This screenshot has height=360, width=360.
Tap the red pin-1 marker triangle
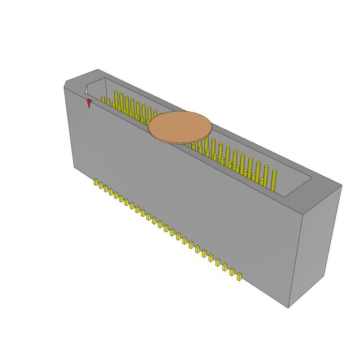tap(89, 103)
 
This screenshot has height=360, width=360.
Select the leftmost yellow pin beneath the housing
tap(97, 183)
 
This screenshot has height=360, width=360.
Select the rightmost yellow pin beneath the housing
tap(239, 276)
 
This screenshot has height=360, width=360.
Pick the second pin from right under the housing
tap(231, 271)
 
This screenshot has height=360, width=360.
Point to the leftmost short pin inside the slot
tap(103, 101)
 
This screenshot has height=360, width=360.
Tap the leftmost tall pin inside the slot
tap(116, 100)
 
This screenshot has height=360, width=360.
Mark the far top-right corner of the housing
tap(341, 185)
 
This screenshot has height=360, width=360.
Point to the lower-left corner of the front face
tap(76, 167)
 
